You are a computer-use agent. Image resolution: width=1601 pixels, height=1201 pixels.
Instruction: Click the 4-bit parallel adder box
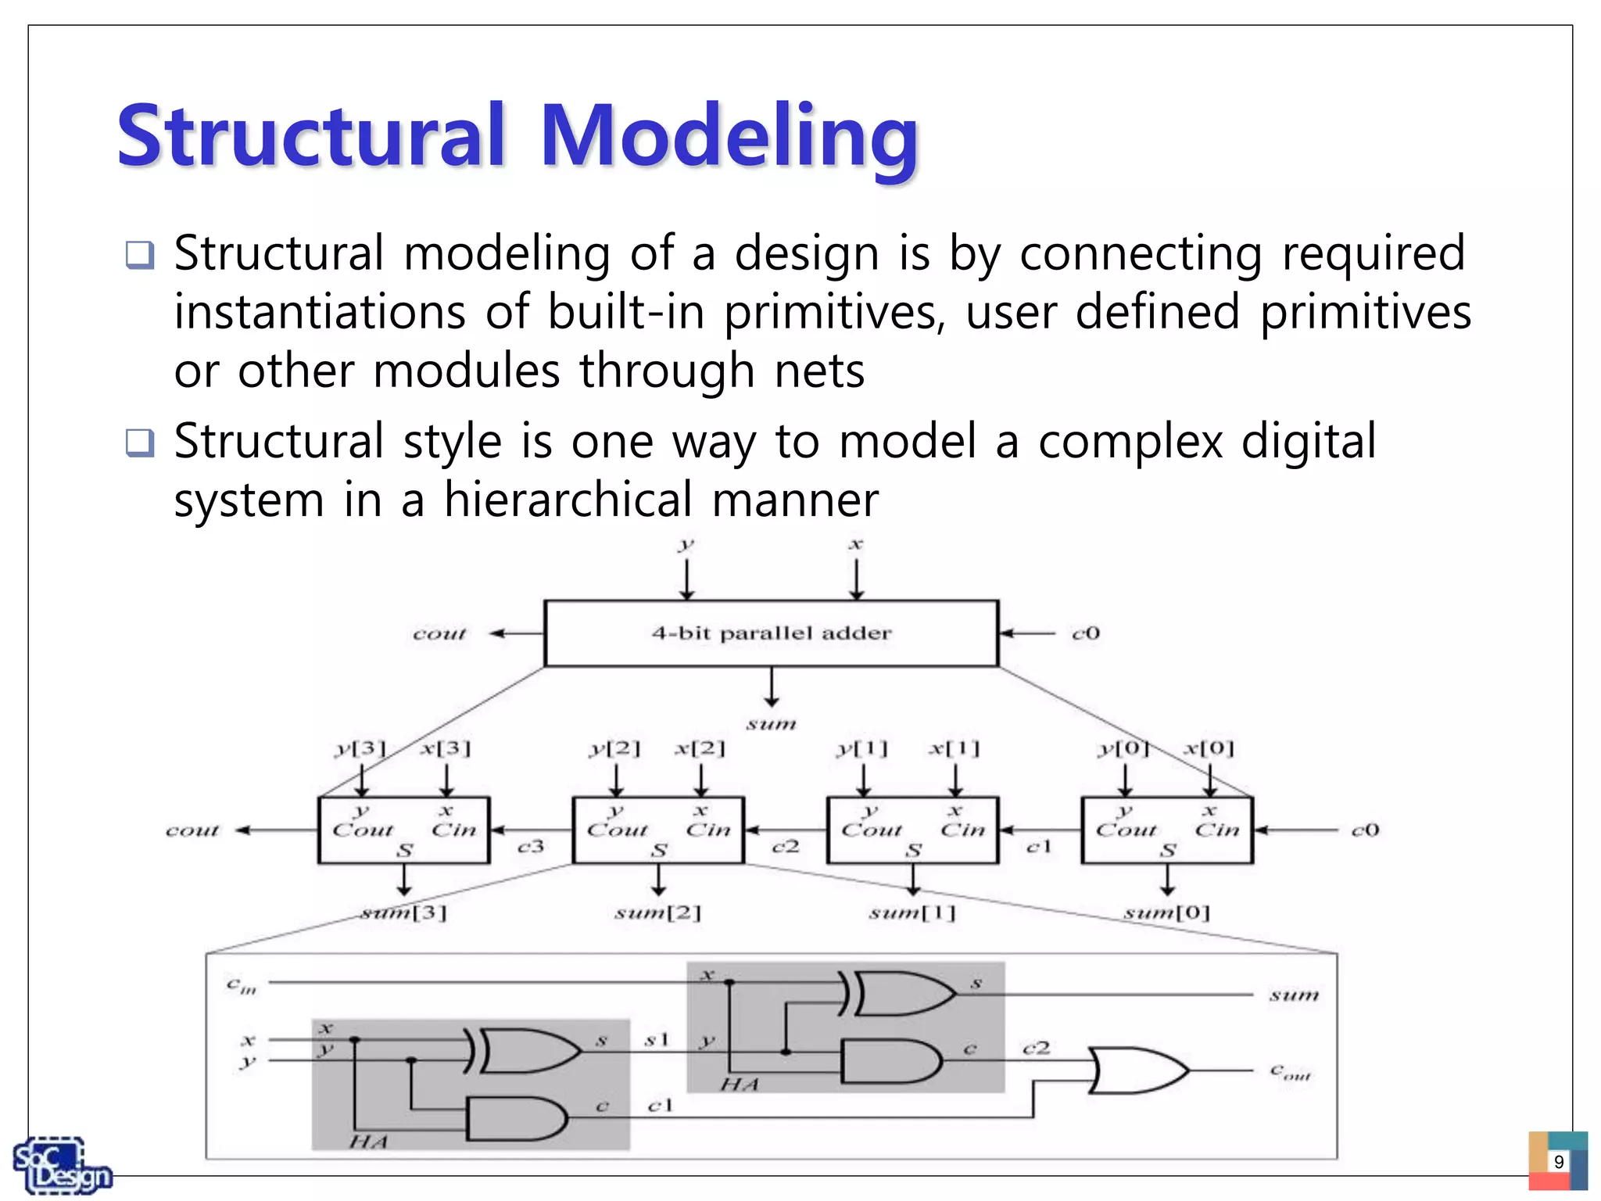(x=771, y=633)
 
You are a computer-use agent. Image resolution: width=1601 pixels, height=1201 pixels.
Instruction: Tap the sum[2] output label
(x=657, y=912)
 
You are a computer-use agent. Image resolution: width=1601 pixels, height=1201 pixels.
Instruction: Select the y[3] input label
(x=360, y=749)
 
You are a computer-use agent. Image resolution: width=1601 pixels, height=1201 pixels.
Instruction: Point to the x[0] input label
(x=1209, y=748)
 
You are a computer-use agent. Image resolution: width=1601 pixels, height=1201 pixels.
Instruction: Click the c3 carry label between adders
(x=531, y=847)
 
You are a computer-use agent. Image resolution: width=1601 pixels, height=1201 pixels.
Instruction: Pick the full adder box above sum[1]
(x=912, y=830)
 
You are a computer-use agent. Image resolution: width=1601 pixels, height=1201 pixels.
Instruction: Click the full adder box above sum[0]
(x=1166, y=830)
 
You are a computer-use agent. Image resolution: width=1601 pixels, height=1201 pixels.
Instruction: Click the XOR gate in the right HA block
(x=903, y=994)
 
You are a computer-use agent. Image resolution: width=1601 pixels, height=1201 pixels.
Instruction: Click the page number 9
(x=1558, y=1162)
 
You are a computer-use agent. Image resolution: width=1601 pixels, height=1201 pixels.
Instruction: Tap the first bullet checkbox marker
(x=140, y=255)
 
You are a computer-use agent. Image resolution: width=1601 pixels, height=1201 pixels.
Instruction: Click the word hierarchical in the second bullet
(x=568, y=500)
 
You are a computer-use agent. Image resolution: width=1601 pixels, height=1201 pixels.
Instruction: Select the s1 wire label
(x=657, y=1040)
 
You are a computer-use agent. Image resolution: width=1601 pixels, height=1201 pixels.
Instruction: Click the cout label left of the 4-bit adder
(x=439, y=633)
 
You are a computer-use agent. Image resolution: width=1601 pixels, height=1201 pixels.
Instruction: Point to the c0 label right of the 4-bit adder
(x=1085, y=633)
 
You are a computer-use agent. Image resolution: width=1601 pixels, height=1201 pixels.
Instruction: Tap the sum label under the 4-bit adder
(x=771, y=724)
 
